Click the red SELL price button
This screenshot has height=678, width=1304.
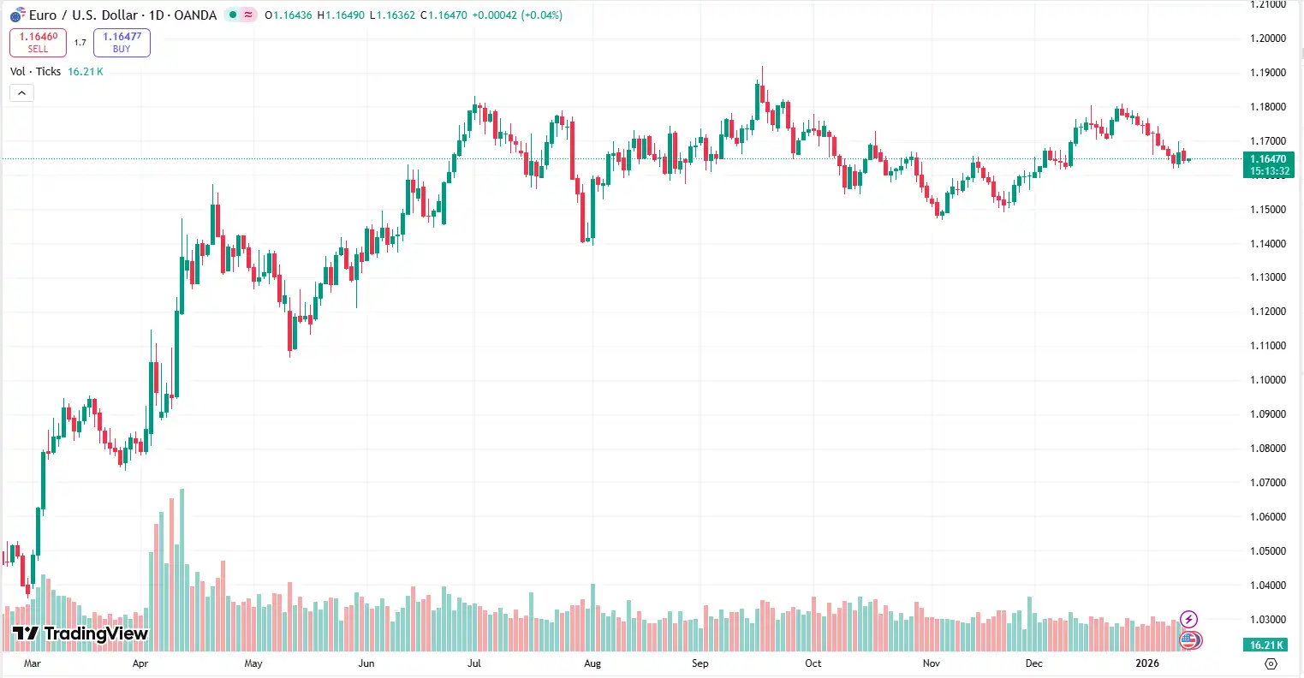pos(38,43)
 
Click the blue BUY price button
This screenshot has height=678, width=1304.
pos(122,43)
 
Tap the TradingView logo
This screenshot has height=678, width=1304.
pos(80,634)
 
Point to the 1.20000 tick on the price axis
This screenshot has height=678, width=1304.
pos(1268,39)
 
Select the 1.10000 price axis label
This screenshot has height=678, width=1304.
pos(1268,380)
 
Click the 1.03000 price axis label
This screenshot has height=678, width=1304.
pos(1268,620)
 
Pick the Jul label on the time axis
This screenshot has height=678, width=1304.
pos(474,663)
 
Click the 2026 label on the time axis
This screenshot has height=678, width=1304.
pos(1146,663)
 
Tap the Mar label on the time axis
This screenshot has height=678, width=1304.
pos(32,663)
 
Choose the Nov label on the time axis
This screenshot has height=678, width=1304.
pos(932,663)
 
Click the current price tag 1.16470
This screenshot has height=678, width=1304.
pos(1268,159)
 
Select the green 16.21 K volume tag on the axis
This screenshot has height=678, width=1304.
pos(1267,645)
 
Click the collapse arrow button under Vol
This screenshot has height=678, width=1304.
pos(21,92)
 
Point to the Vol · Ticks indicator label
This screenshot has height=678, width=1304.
pos(35,72)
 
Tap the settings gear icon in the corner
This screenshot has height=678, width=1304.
pos(1271,663)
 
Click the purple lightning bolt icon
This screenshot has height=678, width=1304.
pos(1188,619)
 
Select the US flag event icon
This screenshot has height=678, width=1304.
pos(1188,639)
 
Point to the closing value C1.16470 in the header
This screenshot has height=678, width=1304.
pos(444,15)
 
